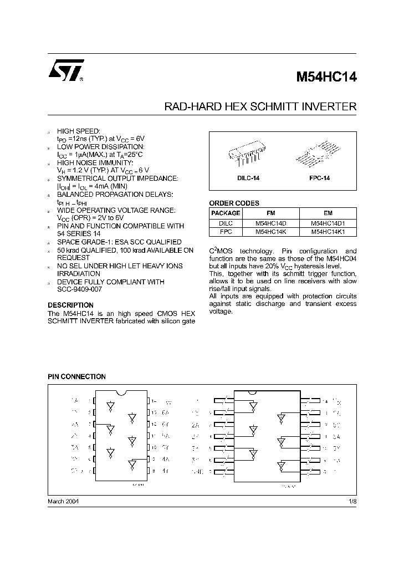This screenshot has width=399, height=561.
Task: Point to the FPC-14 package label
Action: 319,178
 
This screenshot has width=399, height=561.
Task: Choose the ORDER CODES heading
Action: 234,203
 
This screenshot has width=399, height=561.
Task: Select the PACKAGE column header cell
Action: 226,213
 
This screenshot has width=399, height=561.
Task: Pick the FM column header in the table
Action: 270,213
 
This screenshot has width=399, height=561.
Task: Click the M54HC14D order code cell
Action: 270,223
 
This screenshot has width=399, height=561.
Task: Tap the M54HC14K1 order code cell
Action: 328,232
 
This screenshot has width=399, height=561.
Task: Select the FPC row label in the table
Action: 226,232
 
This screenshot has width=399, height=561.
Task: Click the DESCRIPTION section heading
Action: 70,305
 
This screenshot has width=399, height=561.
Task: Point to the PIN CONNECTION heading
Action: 76,376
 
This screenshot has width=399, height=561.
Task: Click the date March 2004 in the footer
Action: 63,501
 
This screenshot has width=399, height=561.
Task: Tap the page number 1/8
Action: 352,501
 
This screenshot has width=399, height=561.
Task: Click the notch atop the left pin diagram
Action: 121,394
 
